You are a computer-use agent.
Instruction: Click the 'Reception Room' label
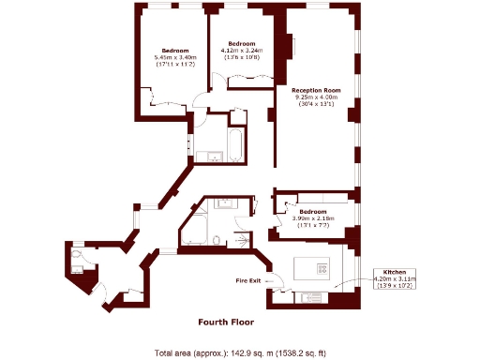[x=316, y=90]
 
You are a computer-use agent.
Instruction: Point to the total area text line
[x=240, y=352]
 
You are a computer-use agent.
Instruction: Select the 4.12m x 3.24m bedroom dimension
[x=243, y=51]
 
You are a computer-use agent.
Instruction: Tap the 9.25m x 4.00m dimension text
[x=316, y=97]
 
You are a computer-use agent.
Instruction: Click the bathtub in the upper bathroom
[x=236, y=144]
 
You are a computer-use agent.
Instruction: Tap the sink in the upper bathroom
[x=211, y=155]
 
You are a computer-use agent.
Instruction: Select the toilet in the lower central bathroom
[x=217, y=241]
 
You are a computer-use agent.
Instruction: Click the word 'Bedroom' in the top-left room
[x=174, y=50]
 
